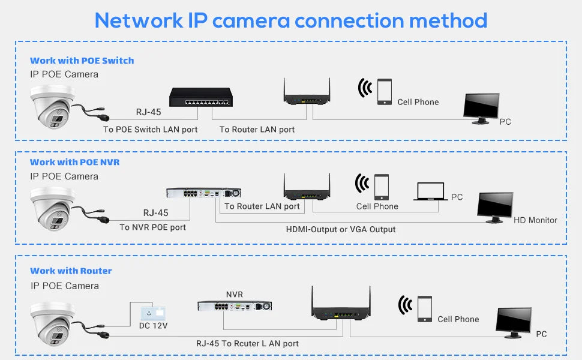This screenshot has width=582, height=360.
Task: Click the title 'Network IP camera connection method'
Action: (x=291, y=20)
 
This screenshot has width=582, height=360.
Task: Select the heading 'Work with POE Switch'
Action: (x=82, y=61)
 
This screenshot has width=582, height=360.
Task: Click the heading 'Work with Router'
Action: (x=71, y=271)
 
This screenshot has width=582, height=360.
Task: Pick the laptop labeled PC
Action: (x=430, y=191)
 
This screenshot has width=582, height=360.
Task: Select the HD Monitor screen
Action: (x=495, y=207)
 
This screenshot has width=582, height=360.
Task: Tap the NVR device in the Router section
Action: (x=235, y=306)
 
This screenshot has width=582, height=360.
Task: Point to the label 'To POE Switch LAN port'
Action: (x=150, y=130)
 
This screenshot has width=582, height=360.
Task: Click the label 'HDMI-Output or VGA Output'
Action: (x=341, y=229)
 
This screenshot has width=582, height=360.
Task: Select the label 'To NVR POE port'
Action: (x=152, y=227)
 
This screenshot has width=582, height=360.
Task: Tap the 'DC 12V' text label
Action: (x=154, y=326)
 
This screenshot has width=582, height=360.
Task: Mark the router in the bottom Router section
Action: (x=337, y=307)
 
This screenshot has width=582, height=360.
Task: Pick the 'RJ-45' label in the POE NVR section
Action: (x=155, y=212)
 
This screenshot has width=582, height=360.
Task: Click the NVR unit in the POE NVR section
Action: (x=203, y=193)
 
